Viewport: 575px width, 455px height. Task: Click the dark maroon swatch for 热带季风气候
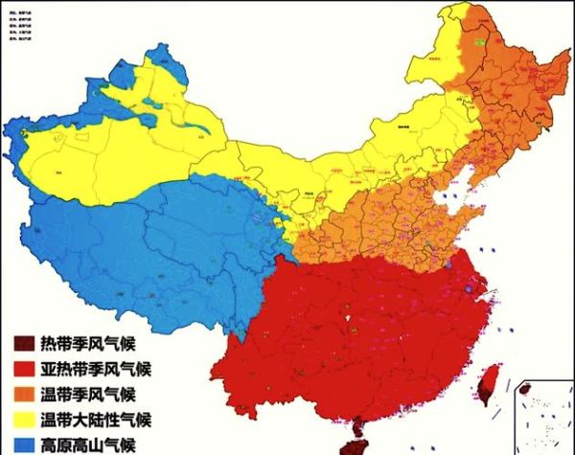(x=21, y=343)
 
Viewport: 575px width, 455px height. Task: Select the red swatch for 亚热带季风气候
(x=21, y=368)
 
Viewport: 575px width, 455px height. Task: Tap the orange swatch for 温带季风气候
(x=21, y=394)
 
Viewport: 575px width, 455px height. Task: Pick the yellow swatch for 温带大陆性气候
(x=21, y=420)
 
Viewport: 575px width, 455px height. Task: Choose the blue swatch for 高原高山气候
(x=21, y=444)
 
